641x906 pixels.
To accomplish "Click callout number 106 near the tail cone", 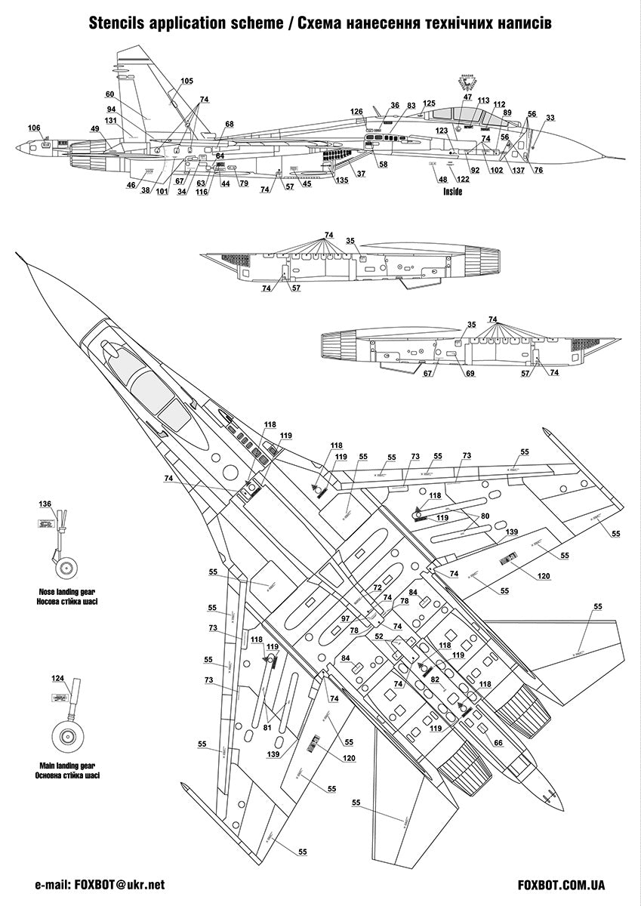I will tap(35, 128).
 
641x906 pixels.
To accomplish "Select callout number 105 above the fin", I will tap(186, 81).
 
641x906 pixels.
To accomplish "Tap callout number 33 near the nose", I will tap(550, 118).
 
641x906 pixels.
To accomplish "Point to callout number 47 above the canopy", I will tap(467, 97).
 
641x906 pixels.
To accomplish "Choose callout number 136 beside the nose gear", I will tap(45, 504).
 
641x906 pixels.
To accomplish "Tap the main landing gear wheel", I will tap(68, 740).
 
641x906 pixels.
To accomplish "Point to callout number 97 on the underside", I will tap(345, 618).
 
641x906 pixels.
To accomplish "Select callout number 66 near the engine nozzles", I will tap(498, 743).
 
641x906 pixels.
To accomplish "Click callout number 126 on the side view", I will tap(357, 112).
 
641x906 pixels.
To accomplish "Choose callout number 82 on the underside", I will tap(435, 679).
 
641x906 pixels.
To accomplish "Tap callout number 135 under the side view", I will tap(342, 180).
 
